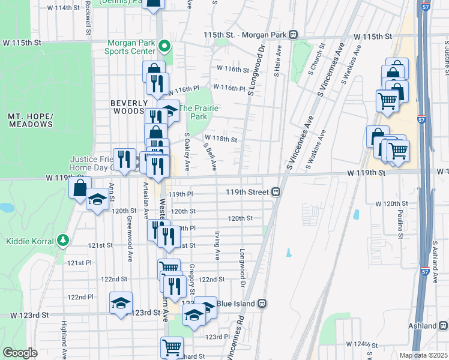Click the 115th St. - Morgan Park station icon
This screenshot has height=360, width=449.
coord(293,35)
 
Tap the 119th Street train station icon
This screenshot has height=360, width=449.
coord(276,192)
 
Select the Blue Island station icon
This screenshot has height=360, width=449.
coord(262,304)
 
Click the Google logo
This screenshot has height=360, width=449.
coord(20,353)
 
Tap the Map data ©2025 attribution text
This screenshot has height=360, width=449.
coord(423,355)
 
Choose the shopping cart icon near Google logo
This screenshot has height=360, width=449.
coord(172,346)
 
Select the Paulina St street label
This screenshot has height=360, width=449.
coord(400,223)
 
